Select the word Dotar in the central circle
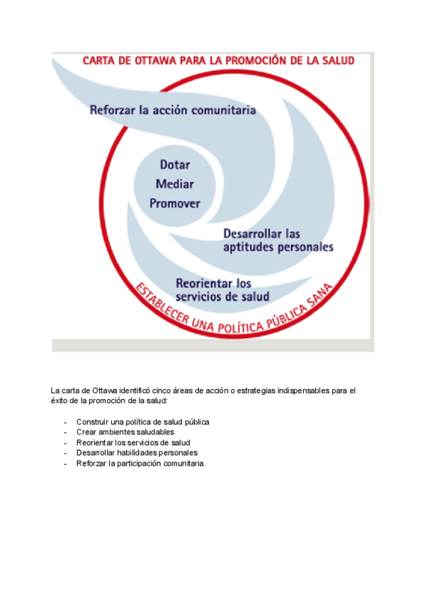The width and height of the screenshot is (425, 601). coord(174,164)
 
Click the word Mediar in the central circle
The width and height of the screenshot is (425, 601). coord(174,184)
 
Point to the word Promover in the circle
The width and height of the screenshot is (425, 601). coord(174,203)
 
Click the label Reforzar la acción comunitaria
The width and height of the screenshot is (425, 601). coord(173,111)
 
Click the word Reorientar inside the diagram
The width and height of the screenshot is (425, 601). coord(204,283)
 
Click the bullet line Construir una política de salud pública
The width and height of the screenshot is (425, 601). coord(142,422)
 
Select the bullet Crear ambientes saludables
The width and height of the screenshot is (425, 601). coord(125,432)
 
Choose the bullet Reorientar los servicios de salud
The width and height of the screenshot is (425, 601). coord(132,442)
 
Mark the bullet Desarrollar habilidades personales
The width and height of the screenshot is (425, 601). coord(137,452)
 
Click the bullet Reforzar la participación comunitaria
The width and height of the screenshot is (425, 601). coord(141,463)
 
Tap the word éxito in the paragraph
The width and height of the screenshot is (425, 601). coord(59,400)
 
